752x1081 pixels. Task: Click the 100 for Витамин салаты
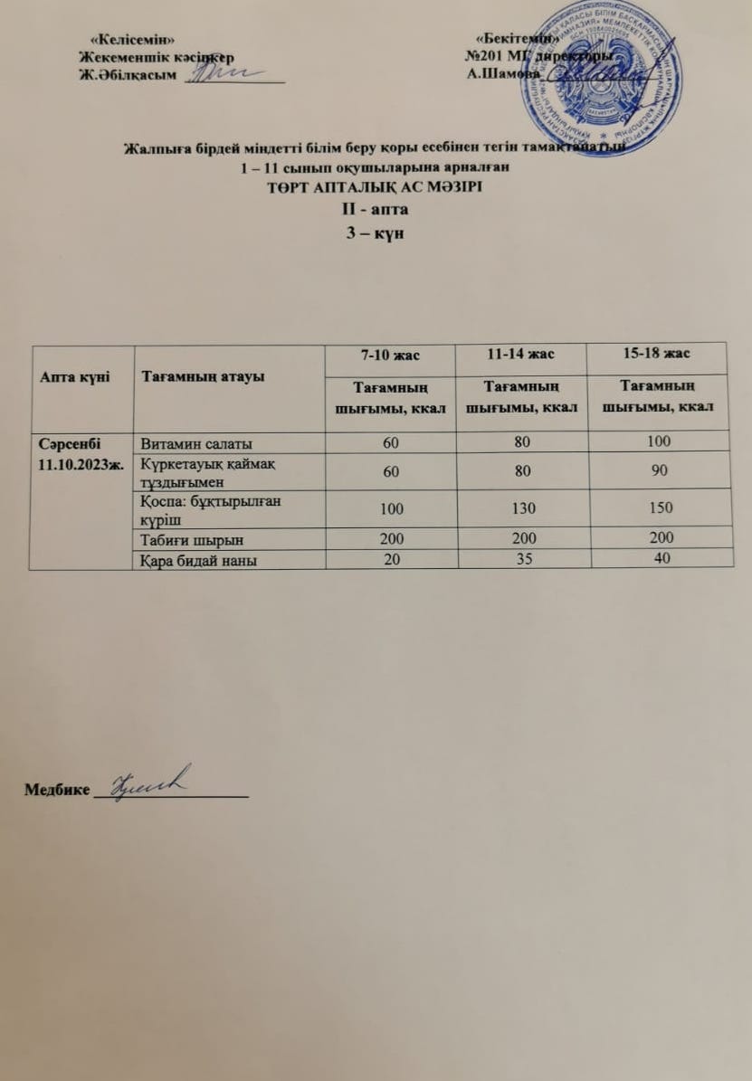tap(658, 442)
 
